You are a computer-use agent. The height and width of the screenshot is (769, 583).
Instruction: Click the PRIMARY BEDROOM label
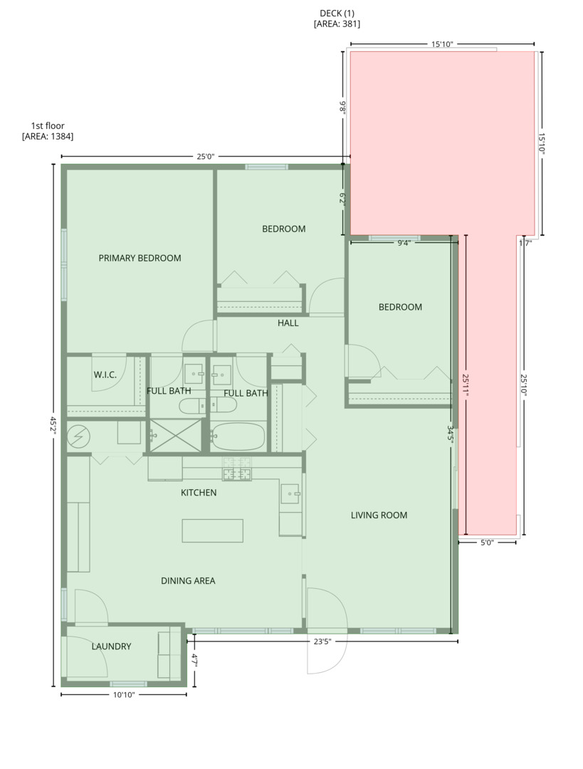[140, 258]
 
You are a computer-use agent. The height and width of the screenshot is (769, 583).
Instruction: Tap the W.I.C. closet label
[105, 375]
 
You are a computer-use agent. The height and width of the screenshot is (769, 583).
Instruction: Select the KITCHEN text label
[199, 493]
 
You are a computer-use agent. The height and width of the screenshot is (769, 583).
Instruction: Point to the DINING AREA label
[188, 581]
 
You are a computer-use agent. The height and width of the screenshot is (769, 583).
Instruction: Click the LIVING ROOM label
[379, 515]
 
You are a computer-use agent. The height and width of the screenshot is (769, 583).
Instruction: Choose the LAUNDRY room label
[111, 647]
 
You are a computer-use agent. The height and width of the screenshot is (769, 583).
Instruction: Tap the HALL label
[288, 323]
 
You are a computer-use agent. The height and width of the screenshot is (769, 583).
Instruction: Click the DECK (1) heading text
[337, 14]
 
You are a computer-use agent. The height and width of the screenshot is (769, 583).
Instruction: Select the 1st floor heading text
[48, 126]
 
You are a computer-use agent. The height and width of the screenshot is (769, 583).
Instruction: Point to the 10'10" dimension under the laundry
[123, 695]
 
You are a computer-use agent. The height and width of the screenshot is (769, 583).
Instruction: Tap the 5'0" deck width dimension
[487, 543]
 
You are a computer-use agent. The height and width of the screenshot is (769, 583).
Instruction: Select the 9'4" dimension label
[403, 243]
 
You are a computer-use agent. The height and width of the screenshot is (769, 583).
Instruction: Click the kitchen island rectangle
[212, 530]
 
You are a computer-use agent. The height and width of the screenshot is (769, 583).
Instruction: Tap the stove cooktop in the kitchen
[237, 470]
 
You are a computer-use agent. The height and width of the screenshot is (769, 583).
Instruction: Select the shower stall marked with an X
[174, 435]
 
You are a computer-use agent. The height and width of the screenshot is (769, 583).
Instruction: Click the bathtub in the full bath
[238, 436]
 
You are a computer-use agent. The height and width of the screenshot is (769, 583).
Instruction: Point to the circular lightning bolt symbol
[76, 436]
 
